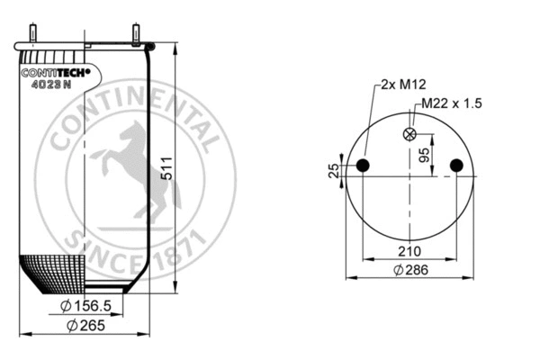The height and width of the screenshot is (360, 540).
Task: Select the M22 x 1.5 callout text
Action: pos(447,103)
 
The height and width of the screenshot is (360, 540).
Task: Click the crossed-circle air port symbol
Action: pos(410,135)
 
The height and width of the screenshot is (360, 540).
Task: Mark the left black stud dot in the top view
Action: pos(364,165)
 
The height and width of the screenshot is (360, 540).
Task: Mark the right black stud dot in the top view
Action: pos(456,165)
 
